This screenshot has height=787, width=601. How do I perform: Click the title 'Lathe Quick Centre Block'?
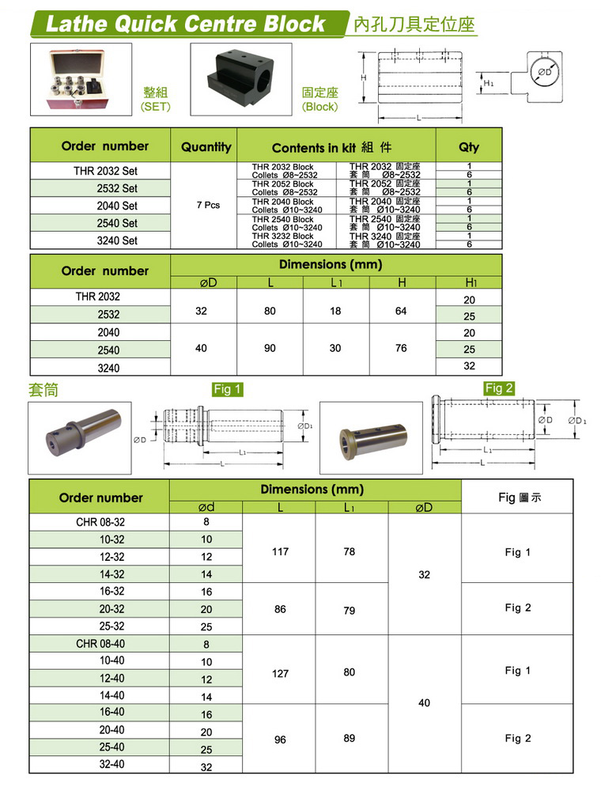(186, 23)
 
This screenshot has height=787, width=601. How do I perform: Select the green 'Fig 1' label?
(227, 388)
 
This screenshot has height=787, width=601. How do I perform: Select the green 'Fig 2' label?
(499, 388)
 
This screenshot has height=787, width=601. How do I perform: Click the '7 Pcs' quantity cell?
(206, 206)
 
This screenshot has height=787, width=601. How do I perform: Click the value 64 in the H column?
(401, 312)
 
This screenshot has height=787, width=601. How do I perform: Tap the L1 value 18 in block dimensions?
(335, 312)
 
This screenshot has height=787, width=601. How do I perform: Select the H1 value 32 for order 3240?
(470, 366)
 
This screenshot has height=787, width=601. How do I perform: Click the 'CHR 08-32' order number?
(100, 522)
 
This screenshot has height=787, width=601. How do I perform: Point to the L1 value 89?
(350, 738)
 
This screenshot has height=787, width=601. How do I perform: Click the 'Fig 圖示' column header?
(520, 498)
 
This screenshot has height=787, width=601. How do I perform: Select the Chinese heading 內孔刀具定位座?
(414, 25)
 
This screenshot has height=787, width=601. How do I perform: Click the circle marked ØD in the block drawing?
(544, 72)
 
